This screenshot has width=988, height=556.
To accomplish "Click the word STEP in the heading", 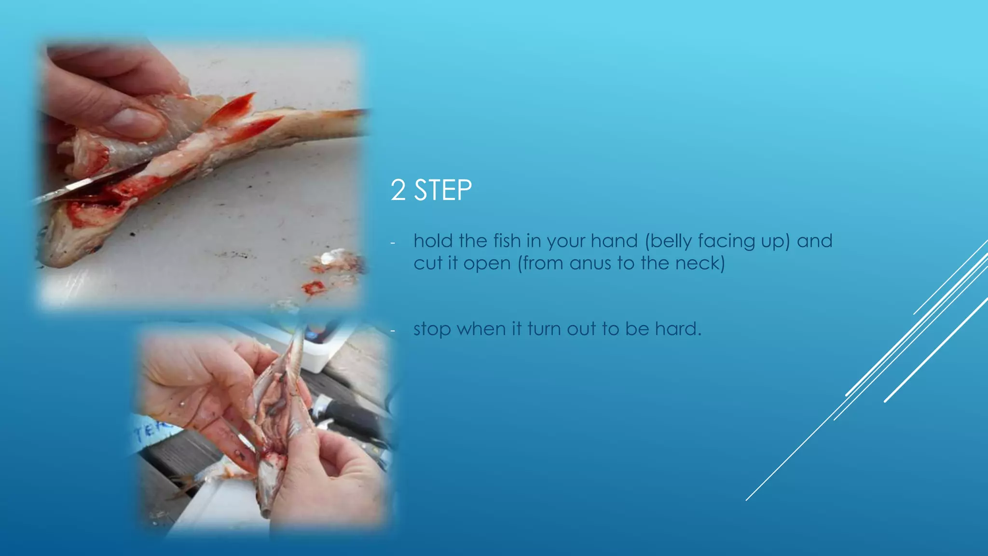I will (x=443, y=190).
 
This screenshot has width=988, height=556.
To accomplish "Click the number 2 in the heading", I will (x=398, y=190).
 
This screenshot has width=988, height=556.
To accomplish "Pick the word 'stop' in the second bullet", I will (x=432, y=329).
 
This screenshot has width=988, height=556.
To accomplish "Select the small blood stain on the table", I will (x=314, y=288).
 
